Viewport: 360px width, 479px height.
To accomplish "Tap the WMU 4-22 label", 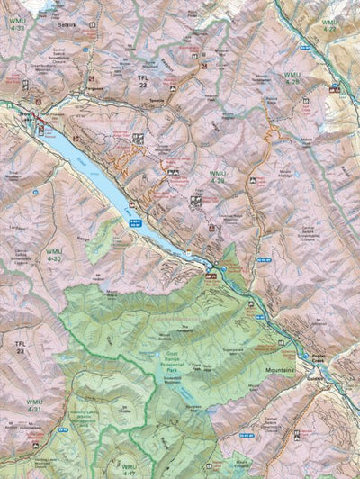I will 331,25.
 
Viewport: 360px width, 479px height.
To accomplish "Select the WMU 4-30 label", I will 56,256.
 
